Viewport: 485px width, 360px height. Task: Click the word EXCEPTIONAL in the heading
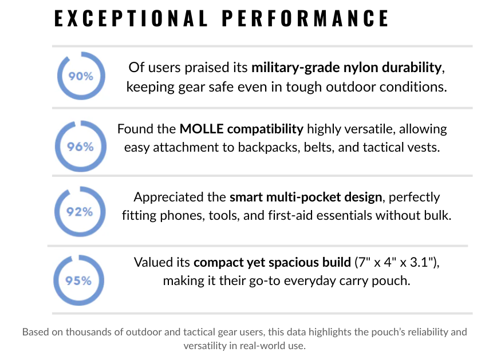131,19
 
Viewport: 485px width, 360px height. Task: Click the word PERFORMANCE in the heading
305,19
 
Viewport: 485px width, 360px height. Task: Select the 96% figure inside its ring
81,146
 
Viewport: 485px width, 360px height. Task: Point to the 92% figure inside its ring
81,212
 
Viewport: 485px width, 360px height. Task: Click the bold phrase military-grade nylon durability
346,68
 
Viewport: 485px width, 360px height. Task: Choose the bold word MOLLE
200,129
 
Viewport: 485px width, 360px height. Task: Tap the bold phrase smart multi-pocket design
305,197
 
